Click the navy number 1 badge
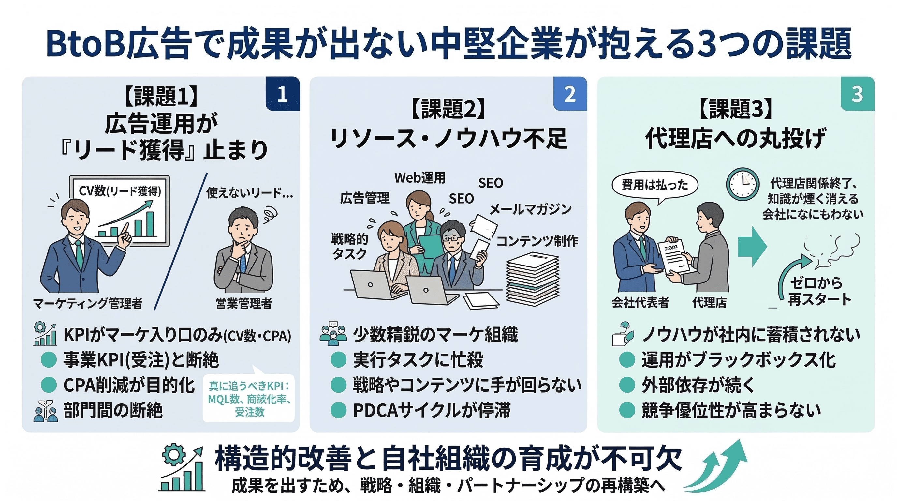click(282, 93)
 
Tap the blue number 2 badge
click(570, 93)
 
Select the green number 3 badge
click(858, 93)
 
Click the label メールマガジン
click(530, 209)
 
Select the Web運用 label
click(420, 178)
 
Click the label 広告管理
click(365, 198)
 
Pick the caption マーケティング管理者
click(88, 303)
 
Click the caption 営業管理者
click(244, 303)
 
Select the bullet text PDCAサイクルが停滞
click(432, 410)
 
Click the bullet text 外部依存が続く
click(698, 385)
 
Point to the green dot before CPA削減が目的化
click(49, 385)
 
